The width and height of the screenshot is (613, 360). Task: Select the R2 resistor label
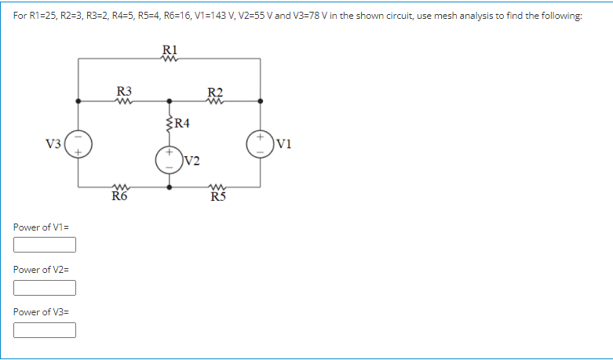[x=215, y=91]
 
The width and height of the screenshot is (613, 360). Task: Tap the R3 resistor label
[x=124, y=91]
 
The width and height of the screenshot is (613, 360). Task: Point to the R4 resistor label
[x=182, y=122]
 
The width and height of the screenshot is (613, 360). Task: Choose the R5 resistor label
[x=218, y=197]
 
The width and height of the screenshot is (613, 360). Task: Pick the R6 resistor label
[x=119, y=197]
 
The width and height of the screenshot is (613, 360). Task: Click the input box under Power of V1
[x=45, y=245]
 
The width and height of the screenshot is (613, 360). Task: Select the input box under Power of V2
[x=45, y=287]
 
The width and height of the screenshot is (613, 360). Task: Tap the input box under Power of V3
[x=45, y=329]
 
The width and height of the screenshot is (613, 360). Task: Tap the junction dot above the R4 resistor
[x=170, y=101]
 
